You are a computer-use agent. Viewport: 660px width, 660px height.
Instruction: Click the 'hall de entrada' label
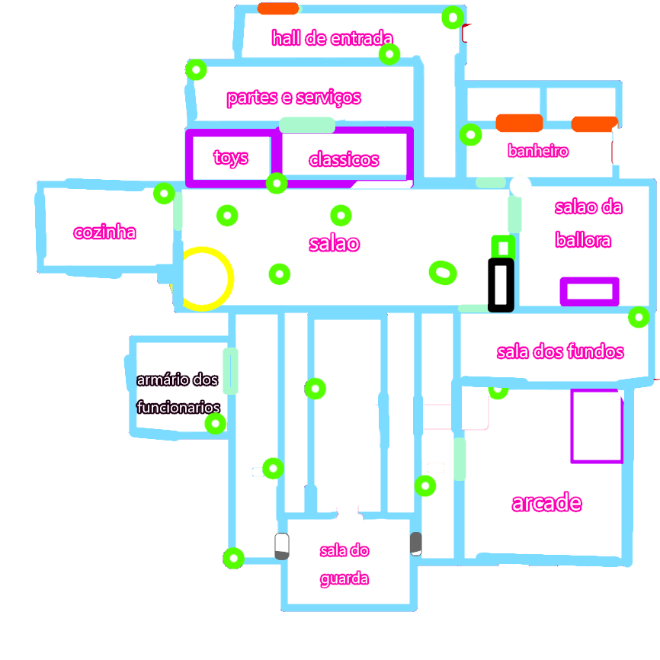pyautogui.click(x=333, y=38)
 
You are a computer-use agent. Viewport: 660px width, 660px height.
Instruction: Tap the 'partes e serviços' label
pyautogui.click(x=293, y=98)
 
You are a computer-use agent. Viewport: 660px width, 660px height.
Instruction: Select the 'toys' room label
pyautogui.click(x=231, y=159)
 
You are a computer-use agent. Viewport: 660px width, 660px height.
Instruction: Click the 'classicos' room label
pyautogui.click(x=344, y=160)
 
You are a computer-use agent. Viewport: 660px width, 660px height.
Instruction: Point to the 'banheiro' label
pyautogui.click(x=538, y=151)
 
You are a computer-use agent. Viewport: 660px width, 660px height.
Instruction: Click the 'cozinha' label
pyautogui.click(x=105, y=232)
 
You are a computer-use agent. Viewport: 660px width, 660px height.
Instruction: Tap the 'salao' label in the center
pyautogui.click(x=334, y=243)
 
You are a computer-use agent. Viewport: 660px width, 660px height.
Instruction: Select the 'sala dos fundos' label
pyautogui.click(x=560, y=351)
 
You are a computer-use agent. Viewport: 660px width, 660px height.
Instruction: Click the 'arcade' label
pyautogui.click(x=546, y=503)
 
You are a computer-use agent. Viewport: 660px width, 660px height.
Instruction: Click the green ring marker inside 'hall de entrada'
pyautogui.click(x=389, y=53)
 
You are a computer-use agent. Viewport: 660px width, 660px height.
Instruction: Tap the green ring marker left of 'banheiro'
pyautogui.click(x=471, y=136)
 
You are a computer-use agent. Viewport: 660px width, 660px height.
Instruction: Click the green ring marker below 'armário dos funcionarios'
pyautogui.click(x=216, y=423)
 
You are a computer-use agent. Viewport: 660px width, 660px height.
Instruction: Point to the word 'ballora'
pyautogui.click(x=583, y=241)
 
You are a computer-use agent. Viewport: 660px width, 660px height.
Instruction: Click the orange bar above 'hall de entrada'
pyautogui.click(x=277, y=9)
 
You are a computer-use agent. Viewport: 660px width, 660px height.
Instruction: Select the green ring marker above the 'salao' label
pyautogui.click(x=341, y=214)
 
